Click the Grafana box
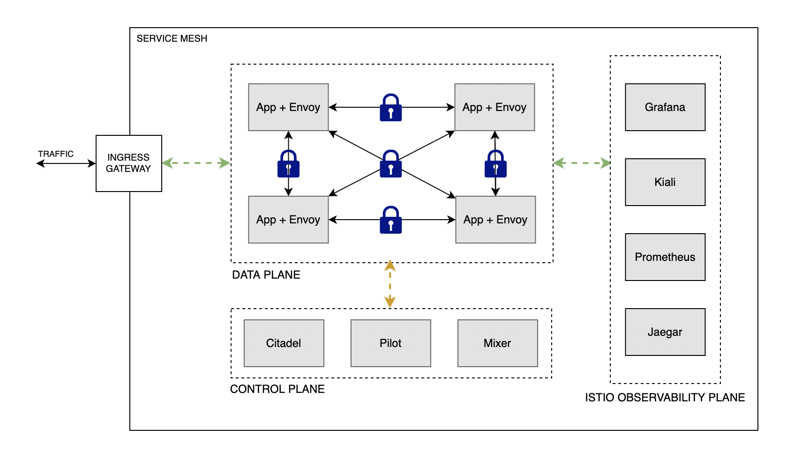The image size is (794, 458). coord(665,107)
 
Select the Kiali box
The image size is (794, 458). coord(665,182)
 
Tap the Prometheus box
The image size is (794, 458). coord(665,257)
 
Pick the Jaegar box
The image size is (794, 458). coord(665,332)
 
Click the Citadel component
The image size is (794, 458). coord(284,343)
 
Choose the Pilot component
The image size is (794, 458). coord(390,343)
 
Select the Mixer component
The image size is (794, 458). coord(497,343)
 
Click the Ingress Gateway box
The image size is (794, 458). coord(128,163)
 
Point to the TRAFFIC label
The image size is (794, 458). coord(56,154)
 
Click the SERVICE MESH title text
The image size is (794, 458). coord(172,38)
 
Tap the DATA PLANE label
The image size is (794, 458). coord(266,275)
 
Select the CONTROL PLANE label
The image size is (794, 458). coord(277,389)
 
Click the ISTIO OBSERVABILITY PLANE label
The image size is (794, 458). coord(665,398)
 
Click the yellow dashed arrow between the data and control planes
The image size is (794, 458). coord(390,285)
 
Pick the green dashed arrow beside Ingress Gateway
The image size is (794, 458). coord(196,163)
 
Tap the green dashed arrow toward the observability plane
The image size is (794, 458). coord(582,163)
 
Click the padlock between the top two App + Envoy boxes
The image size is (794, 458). coord(390,108)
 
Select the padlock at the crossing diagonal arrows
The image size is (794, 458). coord(390,164)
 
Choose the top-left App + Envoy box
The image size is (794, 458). coord(288,107)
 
